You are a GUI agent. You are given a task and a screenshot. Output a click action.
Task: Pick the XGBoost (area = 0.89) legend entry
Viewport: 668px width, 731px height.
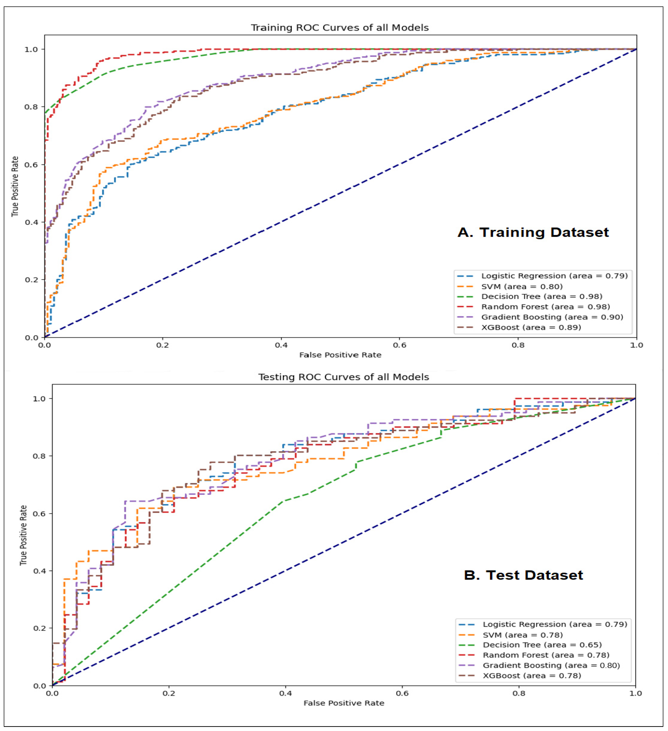pyautogui.click(x=531, y=327)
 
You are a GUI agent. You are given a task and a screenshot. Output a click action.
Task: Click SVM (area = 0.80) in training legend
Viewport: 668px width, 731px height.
pyautogui.click(x=521, y=286)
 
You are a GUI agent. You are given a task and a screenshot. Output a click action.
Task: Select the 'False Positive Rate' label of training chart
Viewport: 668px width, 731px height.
pyautogui.click(x=340, y=355)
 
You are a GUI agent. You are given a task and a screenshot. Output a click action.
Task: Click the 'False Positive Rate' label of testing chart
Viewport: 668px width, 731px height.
pyautogui.click(x=343, y=703)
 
